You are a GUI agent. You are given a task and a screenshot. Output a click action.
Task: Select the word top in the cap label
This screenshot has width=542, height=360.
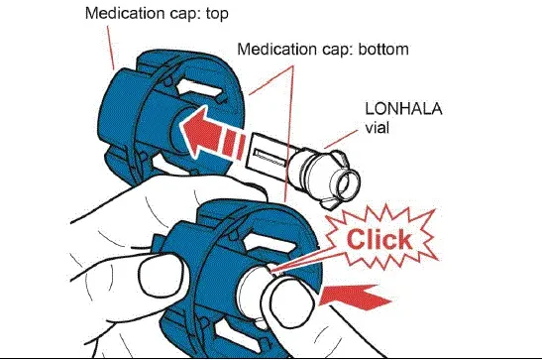pyautogui.click(x=207, y=15)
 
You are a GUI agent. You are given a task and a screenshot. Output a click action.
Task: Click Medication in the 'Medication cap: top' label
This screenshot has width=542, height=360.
pyautogui.click(x=120, y=15)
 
